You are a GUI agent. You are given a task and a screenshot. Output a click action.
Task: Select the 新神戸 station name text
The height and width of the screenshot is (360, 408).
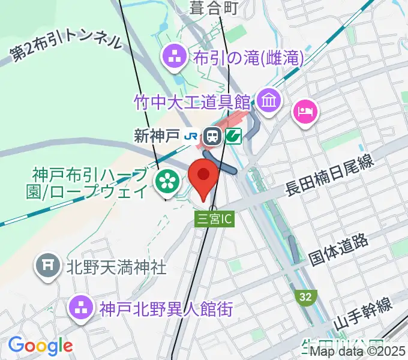point(157,136)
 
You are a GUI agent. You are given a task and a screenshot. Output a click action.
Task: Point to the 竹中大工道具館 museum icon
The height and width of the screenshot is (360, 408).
point(269,100)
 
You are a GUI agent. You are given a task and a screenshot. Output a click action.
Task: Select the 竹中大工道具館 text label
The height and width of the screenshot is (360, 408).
point(192,100)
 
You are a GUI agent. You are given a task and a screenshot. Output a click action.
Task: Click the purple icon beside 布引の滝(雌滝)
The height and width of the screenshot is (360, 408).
point(176,58)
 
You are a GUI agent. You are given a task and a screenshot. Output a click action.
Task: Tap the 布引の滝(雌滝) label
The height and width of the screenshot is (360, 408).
point(248,58)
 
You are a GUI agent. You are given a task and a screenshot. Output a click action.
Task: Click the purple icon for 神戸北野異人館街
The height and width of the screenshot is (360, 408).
point(82,309)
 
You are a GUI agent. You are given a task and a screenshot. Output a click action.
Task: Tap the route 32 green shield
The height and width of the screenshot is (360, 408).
point(305,296)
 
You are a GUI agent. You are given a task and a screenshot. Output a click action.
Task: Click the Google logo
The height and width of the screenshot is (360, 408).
point(40,345)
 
